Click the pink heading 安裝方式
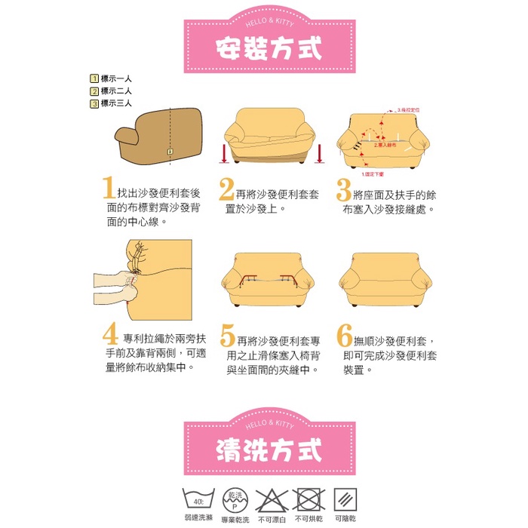pos(269,48)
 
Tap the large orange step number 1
pos(108,189)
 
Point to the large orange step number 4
pos(109,335)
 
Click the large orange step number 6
pos(345,335)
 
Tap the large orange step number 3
pos(345,189)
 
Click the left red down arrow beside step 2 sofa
pos(225,153)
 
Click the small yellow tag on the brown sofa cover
pos(170,152)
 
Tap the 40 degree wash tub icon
pos(198,499)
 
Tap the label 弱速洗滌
pos(198,520)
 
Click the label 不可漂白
pos(271,520)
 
